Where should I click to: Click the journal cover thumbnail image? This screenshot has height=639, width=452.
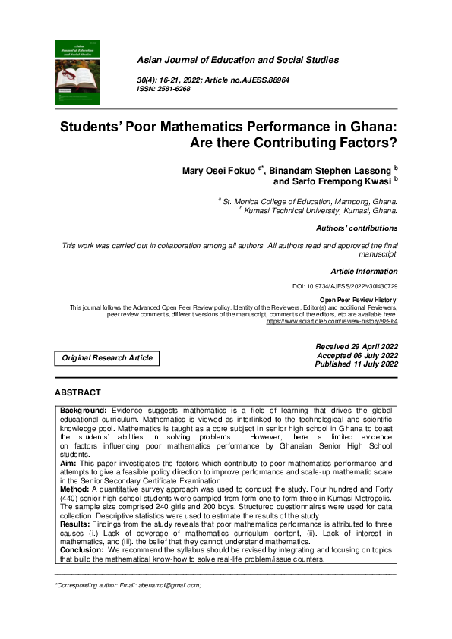(x=77, y=72)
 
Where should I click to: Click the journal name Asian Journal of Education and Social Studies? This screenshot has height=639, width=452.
(x=237, y=60)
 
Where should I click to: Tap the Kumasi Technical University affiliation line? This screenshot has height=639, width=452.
(x=319, y=212)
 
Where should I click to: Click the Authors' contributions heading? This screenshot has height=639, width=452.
(x=356, y=228)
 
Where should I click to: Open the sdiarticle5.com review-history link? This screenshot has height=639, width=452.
(x=331, y=321)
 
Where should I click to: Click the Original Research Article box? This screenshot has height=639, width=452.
(x=107, y=357)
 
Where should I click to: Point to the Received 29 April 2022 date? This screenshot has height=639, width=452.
(x=356, y=346)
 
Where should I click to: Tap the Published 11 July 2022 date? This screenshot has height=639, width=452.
(x=356, y=364)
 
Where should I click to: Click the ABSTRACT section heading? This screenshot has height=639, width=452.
(x=77, y=392)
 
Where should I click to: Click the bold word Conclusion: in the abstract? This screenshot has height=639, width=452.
(x=82, y=550)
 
